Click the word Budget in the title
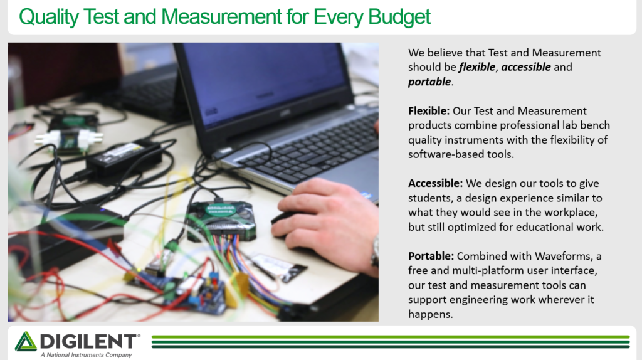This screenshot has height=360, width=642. (x=399, y=17)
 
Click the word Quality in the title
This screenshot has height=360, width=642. (x=48, y=17)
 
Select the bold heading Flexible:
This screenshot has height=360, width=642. (x=429, y=110)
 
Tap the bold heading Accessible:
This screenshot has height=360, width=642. (x=435, y=183)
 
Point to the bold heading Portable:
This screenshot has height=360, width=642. (x=431, y=256)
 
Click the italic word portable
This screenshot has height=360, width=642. (x=429, y=82)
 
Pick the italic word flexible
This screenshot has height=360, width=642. (x=477, y=66)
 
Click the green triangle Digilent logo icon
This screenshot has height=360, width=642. (x=25, y=341)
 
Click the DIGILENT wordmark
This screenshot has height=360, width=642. (x=88, y=341)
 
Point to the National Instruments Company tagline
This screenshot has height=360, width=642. (x=86, y=355)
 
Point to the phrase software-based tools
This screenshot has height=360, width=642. (x=461, y=154)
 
